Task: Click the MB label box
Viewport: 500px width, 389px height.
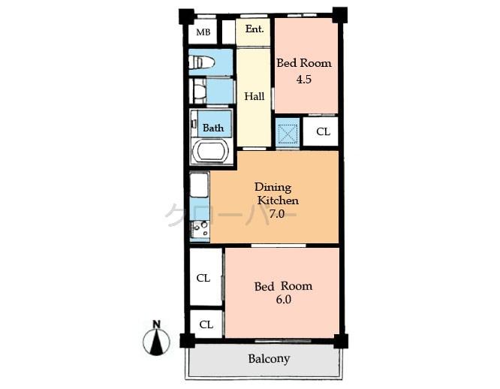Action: tap(203, 32)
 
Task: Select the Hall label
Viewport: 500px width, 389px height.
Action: tap(254, 96)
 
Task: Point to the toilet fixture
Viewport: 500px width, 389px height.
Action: tap(203, 62)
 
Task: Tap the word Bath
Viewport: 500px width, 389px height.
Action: tap(213, 128)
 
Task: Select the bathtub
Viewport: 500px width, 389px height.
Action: tap(210, 151)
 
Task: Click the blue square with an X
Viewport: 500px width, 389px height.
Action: tap(288, 133)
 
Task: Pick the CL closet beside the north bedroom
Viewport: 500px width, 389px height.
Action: tap(322, 131)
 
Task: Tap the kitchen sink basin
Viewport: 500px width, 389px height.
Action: tap(199, 185)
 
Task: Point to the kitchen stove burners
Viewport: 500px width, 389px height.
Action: tap(200, 228)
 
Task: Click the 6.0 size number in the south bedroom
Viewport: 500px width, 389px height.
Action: tap(283, 300)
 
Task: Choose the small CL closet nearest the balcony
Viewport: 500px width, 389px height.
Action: tap(206, 324)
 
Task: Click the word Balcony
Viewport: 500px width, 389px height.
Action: tap(269, 359)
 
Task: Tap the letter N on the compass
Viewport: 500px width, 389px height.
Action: tap(156, 324)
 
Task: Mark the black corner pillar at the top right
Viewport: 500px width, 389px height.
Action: tap(339, 14)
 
